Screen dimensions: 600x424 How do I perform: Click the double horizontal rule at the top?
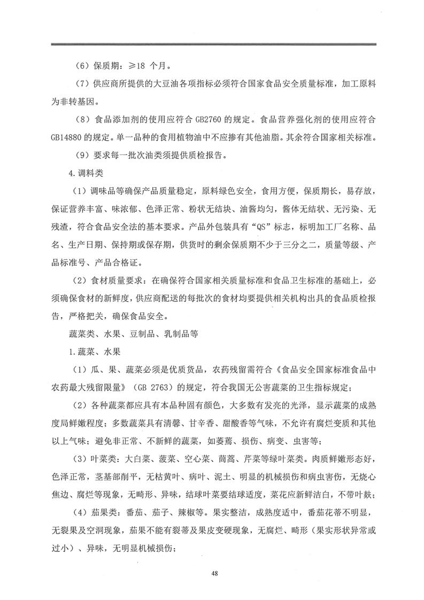click(212, 44)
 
